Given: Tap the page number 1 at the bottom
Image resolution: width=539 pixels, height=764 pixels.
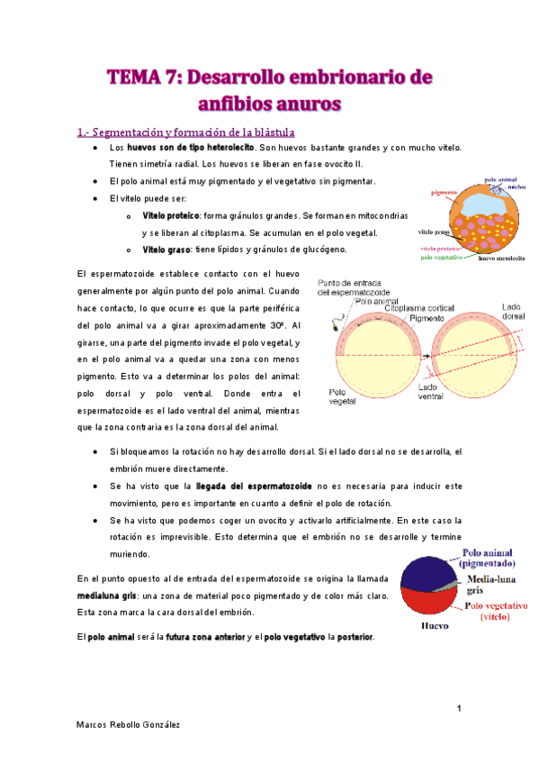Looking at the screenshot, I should pos(459,709).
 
